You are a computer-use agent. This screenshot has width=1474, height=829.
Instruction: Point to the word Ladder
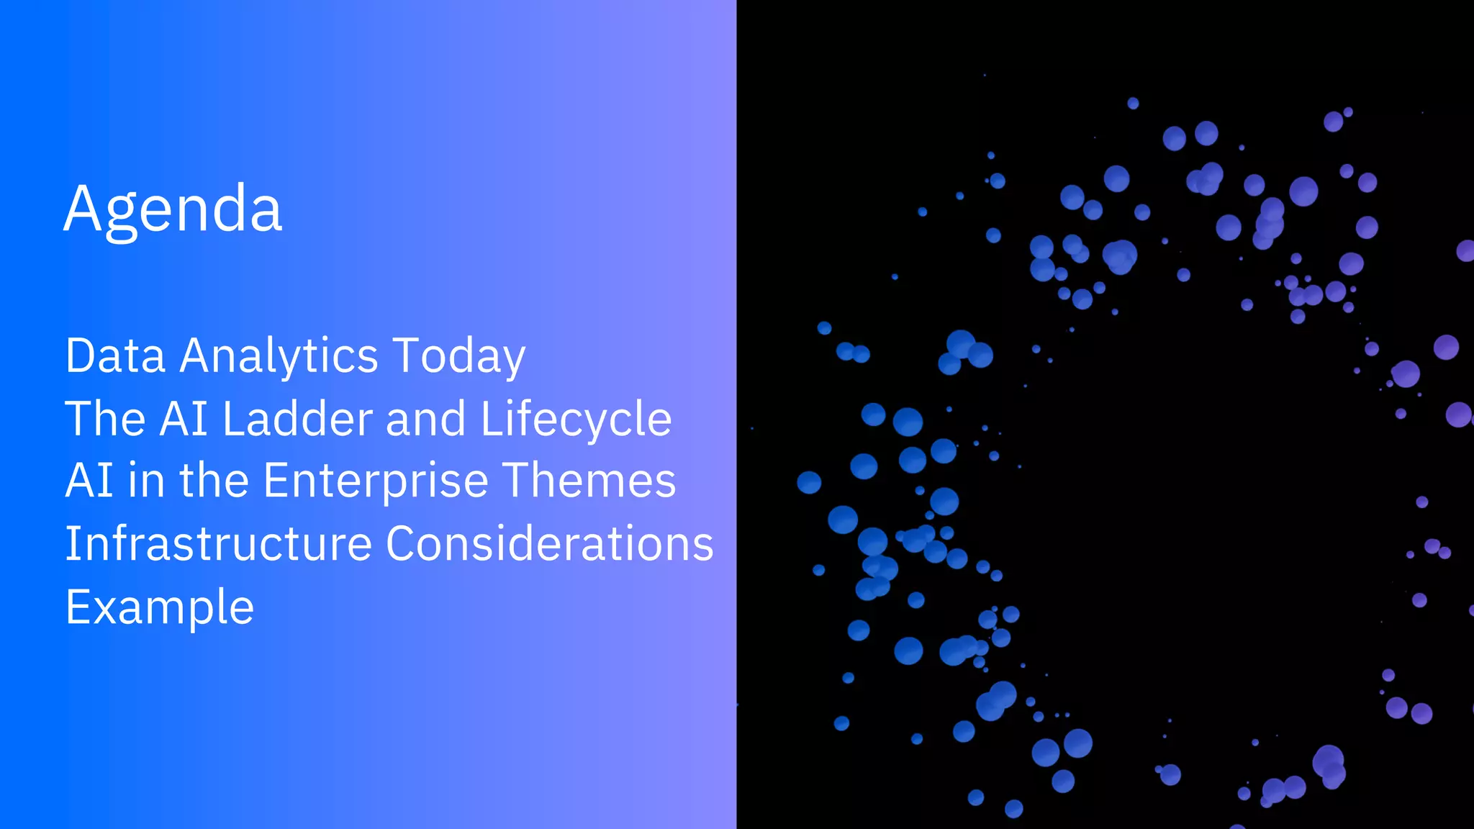[x=298, y=418]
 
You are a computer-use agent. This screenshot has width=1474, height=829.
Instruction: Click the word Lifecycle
[x=576, y=418]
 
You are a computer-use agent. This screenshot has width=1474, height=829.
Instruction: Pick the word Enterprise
[x=376, y=481]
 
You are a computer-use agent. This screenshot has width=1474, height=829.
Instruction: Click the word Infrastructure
[x=218, y=543]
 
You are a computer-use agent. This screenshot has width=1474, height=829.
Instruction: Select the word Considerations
[x=550, y=543]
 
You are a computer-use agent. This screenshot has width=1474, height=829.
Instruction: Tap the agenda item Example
[x=159, y=607]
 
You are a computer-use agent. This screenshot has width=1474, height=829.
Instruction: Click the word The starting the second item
[x=105, y=418]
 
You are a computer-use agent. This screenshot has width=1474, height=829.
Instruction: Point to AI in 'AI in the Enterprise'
[x=89, y=481]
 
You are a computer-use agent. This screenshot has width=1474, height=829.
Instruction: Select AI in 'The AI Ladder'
[x=184, y=418]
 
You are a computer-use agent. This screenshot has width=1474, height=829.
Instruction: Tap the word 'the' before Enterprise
[x=214, y=481]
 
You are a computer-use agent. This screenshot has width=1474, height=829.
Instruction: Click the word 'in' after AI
[x=146, y=481]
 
